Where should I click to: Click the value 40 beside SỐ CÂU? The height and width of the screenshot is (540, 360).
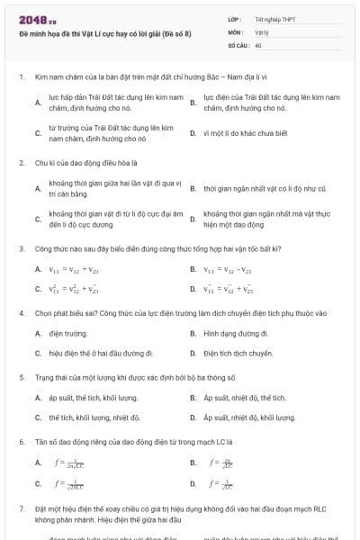click(258, 44)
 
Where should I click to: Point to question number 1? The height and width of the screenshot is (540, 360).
click(21, 77)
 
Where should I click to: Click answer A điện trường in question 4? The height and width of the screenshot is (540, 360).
click(62, 333)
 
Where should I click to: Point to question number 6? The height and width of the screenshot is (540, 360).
click(21, 442)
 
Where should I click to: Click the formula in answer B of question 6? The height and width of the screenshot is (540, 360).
click(212, 463)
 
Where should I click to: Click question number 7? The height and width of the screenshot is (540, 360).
click(21, 508)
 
